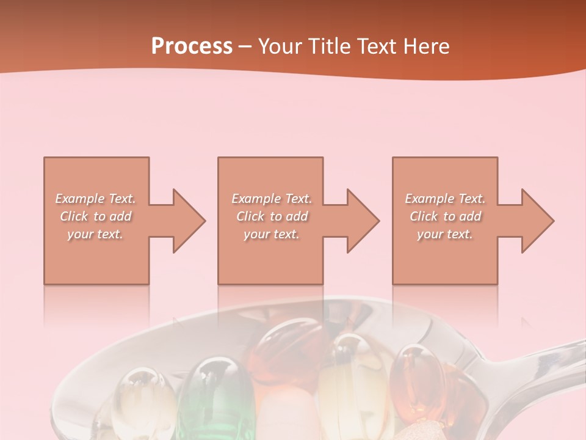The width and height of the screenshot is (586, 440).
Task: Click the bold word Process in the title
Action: (192, 46)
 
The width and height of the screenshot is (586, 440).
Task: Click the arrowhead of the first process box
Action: (187, 221)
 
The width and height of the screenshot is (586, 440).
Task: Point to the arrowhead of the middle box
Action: (361, 221)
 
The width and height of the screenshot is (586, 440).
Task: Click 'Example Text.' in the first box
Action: (96, 199)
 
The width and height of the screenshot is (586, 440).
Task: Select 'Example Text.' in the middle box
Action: (272, 199)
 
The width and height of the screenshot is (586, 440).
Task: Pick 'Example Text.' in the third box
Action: (445, 199)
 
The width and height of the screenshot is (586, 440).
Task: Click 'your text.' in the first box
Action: (95, 234)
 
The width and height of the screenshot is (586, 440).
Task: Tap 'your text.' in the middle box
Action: (272, 234)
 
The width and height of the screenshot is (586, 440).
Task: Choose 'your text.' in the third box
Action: (445, 234)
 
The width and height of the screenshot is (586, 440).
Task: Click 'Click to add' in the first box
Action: (96, 216)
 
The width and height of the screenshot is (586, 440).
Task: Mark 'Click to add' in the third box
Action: (445, 216)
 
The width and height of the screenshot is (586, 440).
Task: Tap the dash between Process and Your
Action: (245, 47)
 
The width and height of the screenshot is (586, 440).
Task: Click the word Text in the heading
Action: (375, 46)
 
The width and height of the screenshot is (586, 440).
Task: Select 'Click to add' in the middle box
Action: (272, 216)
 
